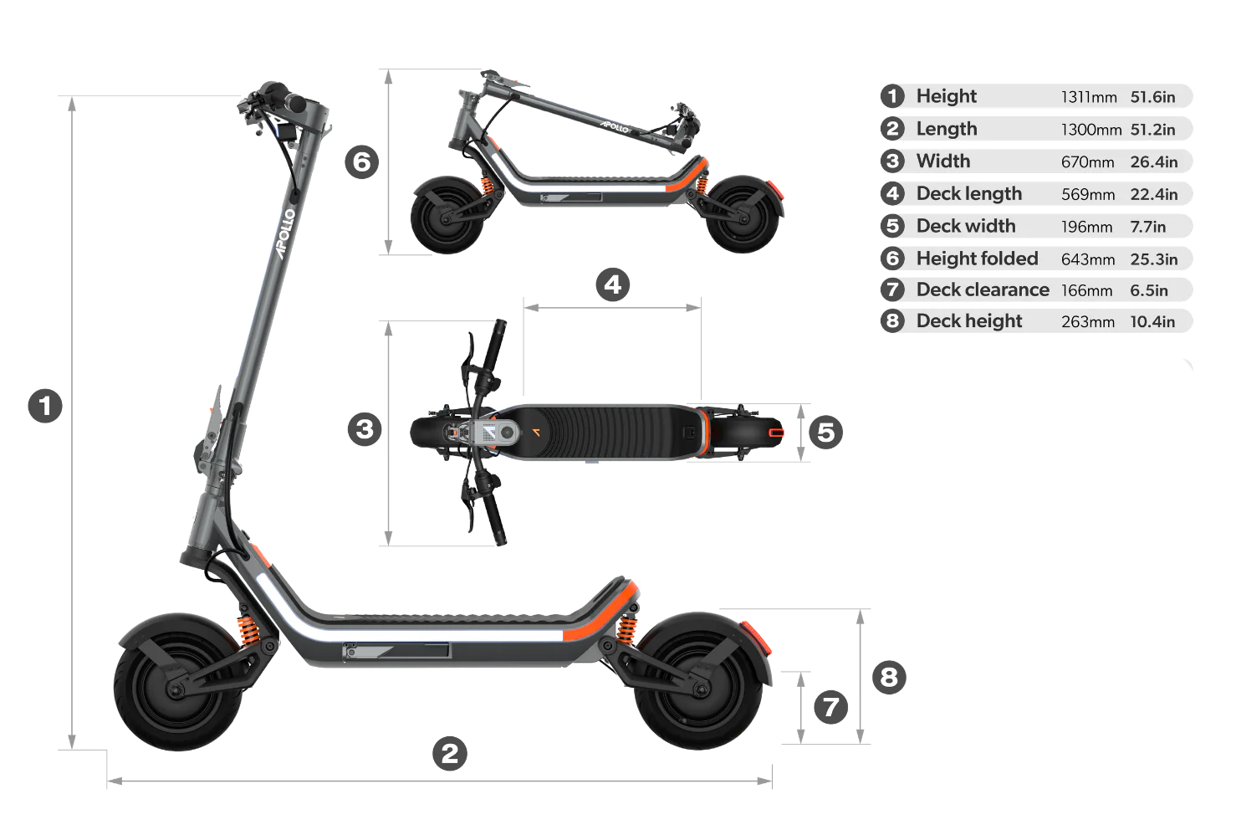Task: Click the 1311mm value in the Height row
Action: [1089, 97]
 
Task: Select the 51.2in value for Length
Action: [1152, 130]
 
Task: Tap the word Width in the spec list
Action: [943, 161]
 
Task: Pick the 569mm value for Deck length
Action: [1088, 194]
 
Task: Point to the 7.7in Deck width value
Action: [1147, 227]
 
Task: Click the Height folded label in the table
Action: [978, 259]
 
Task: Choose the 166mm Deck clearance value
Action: [1086, 290]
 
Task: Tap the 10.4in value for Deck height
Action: [1152, 322]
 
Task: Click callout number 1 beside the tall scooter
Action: [45, 407]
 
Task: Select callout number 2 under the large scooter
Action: [450, 753]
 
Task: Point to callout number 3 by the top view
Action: [365, 429]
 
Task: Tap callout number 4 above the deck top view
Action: [613, 285]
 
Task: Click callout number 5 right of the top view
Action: [826, 432]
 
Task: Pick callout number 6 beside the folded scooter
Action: [362, 161]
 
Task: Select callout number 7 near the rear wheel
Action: [831, 707]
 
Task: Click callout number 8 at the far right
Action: [890, 677]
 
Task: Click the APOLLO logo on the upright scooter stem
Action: [286, 233]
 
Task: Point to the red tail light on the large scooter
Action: [757, 638]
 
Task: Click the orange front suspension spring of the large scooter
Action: [248, 630]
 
